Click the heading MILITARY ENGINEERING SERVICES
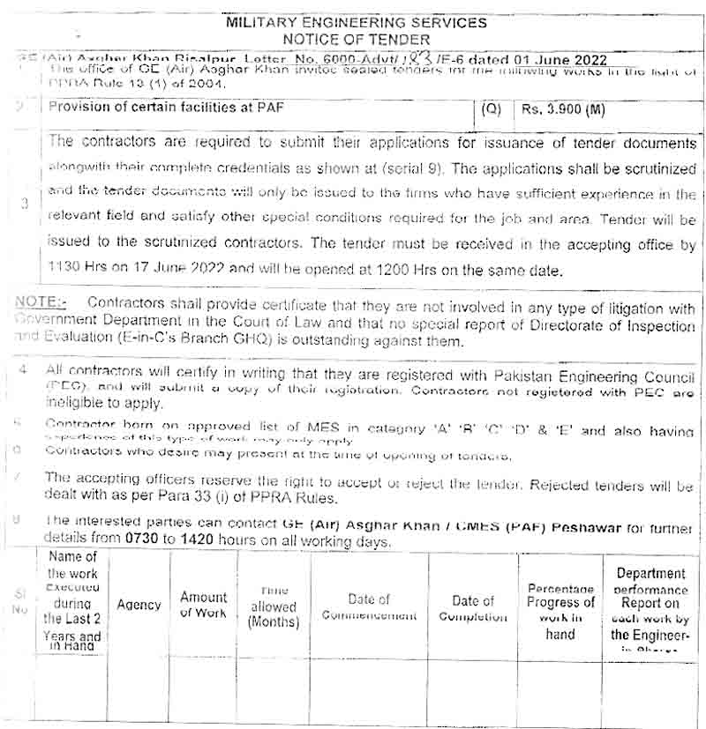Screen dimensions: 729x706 click(356, 22)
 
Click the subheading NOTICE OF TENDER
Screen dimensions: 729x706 click(357, 39)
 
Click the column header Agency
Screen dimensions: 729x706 click(139, 606)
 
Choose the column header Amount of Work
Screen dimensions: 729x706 click(204, 605)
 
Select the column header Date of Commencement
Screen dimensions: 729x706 click(369, 607)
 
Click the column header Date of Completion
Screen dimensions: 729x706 click(473, 608)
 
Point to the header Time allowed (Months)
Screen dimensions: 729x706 click(274, 606)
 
